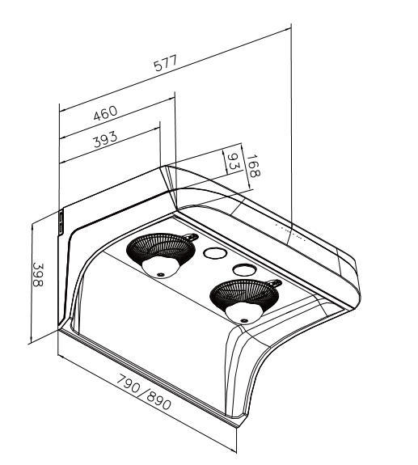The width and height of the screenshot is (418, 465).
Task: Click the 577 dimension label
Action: pyautogui.click(x=166, y=63)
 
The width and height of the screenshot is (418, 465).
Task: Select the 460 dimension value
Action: pyautogui.click(x=106, y=113)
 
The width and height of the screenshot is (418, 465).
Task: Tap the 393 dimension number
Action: pyautogui.click(x=106, y=139)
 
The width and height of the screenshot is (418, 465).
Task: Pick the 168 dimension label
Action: pyautogui.click(x=253, y=166)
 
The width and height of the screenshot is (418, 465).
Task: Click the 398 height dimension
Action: pyautogui.click(x=38, y=275)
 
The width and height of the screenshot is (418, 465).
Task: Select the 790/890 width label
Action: pyautogui.click(x=143, y=392)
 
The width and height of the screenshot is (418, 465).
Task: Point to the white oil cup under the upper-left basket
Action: pyautogui.click(x=160, y=268)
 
